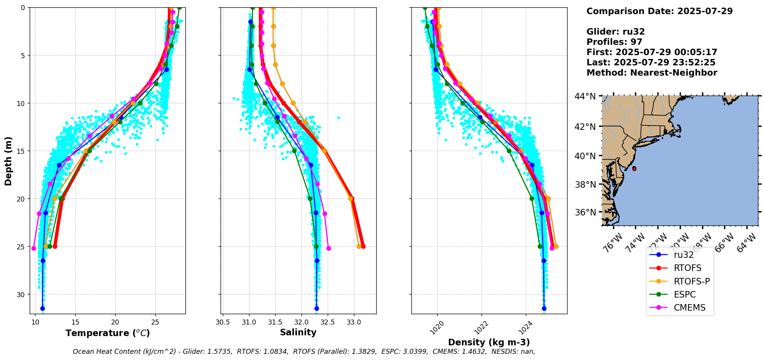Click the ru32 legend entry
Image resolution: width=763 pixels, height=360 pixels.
pos(684,255)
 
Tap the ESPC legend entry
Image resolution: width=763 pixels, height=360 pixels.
pos(685,294)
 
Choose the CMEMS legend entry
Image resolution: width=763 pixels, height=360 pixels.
pos(689,308)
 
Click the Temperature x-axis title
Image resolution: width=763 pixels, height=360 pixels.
pos(108,333)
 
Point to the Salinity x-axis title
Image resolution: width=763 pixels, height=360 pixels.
pos(298,333)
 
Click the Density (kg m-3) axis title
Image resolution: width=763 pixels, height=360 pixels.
pos(489,342)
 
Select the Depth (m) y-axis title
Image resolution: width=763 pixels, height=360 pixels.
pos(8,161)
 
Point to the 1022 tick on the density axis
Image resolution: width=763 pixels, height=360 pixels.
pos(481,328)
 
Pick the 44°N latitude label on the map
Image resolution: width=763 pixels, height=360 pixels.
pos(585,96)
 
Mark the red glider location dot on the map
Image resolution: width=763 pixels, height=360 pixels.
pos(634,169)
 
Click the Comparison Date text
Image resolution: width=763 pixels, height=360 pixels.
pos(659,11)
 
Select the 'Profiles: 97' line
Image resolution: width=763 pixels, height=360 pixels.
pos(614,42)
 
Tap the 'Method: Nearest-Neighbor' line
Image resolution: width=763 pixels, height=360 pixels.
pos(652,73)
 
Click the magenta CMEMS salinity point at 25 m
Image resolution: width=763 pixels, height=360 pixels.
pos(328,248)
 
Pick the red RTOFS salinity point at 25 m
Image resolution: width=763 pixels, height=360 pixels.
pos(363,246)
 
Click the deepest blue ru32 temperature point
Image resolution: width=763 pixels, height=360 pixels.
pos(42,308)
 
